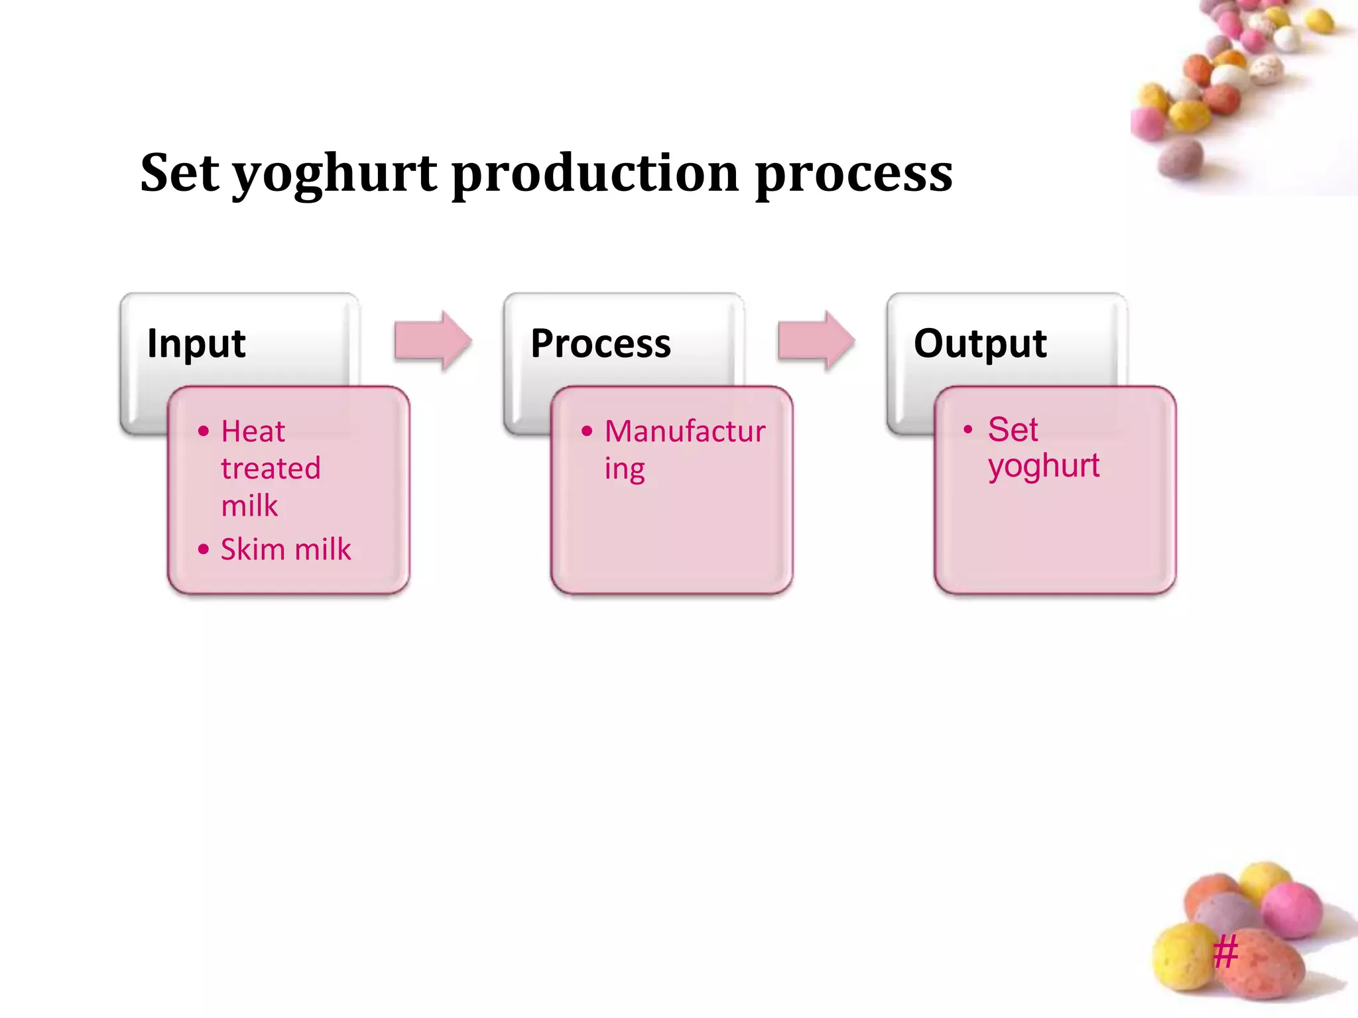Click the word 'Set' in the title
[x=180, y=173]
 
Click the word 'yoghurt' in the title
[x=334, y=174]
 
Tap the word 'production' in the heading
[x=595, y=173]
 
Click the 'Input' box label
[x=196, y=344]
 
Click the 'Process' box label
[x=600, y=344]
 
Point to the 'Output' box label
[x=979, y=344]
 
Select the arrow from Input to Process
[x=432, y=341]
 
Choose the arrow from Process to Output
[x=816, y=341]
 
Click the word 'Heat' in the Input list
[x=253, y=431]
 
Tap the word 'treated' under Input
[x=271, y=469]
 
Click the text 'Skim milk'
[x=286, y=549]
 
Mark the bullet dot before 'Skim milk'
[x=204, y=549]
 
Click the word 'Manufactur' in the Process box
[x=685, y=431]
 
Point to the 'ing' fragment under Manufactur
[x=624, y=470]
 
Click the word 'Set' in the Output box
[x=1012, y=429]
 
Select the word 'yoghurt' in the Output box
[x=1043, y=467]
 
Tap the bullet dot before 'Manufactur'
[x=586, y=431]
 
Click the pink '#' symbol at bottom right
[x=1225, y=952]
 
